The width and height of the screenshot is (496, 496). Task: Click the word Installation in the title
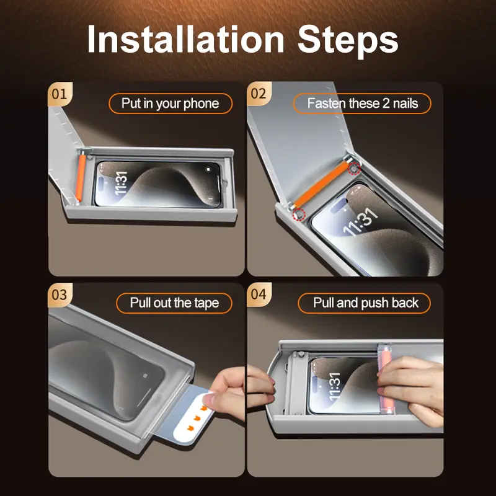click(x=185, y=39)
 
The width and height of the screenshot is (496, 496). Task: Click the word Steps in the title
click(x=348, y=42)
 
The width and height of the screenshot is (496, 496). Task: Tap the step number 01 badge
click(x=60, y=94)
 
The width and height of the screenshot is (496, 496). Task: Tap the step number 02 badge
click(x=259, y=94)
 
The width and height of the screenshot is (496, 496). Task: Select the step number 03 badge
click(x=60, y=295)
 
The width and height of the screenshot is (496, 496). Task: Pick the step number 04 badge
click(x=259, y=294)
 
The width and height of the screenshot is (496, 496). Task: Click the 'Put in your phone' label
click(x=170, y=104)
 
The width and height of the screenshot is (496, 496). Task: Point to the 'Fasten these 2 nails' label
click(x=362, y=104)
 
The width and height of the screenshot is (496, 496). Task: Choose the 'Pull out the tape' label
click(x=174, y=303)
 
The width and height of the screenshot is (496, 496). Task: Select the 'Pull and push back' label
click(x=365, y=303)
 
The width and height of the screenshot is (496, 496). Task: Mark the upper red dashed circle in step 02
click(x=354, y=169)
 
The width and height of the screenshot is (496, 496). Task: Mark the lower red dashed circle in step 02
click(x=299, y=215)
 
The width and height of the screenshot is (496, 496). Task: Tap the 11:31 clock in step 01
click(x=121, y=183)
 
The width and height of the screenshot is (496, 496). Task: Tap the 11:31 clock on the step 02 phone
click(x=361, y=223)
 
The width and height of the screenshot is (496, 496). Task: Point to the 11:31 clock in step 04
click(x=334, y=386)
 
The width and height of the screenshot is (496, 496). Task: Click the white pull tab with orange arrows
click(x=193, y=417)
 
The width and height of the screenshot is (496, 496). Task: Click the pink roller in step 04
click(x=386, y=379)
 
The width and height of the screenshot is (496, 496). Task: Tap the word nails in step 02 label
click(x=405, y=104)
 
